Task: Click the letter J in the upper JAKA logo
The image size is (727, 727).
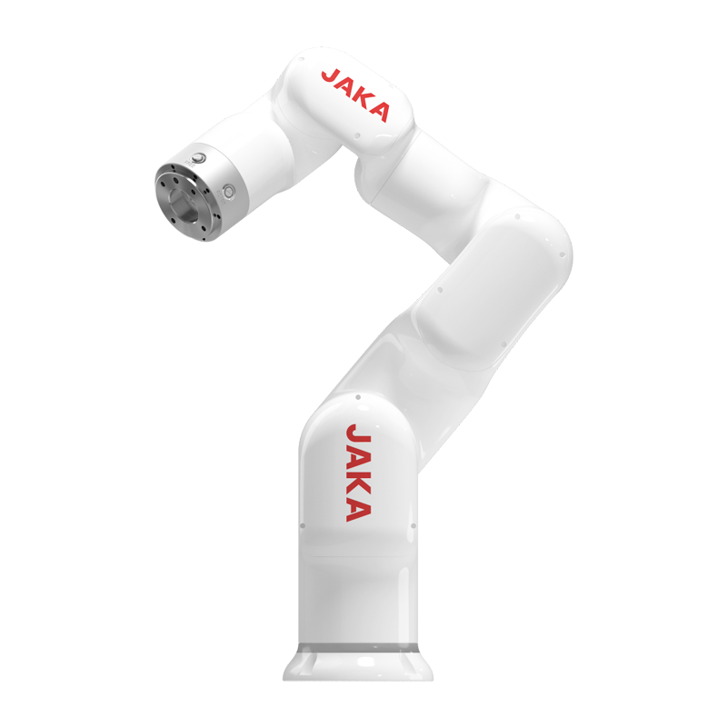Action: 331,76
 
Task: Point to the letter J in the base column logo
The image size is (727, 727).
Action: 358,433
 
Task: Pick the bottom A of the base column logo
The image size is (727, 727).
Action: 358,511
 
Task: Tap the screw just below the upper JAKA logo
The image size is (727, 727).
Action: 357,135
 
